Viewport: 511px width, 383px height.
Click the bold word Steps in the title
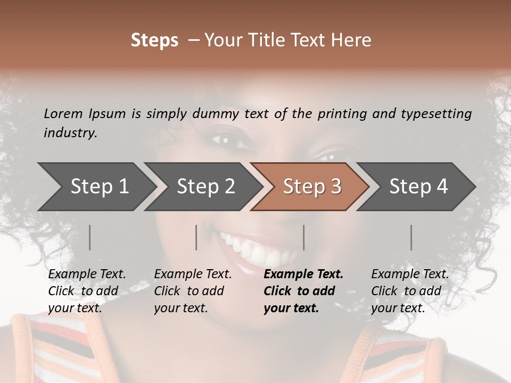pos(154,40)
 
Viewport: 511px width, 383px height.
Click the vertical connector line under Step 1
pos(90,237)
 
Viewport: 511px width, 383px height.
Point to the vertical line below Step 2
pos(196,237)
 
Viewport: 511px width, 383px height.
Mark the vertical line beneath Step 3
pos(304,237)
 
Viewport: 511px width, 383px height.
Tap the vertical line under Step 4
pos(411,237)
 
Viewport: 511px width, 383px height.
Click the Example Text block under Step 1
pos(87,291)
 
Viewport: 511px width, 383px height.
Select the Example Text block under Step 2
pos(193,291)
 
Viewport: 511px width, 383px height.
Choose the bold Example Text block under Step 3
pos(303,291)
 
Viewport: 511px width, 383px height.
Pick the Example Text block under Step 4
pos(410,291)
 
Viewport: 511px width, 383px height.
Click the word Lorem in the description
pos(63,113)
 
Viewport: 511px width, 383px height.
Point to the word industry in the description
pos(70,133)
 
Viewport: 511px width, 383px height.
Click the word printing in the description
pos(342,114)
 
